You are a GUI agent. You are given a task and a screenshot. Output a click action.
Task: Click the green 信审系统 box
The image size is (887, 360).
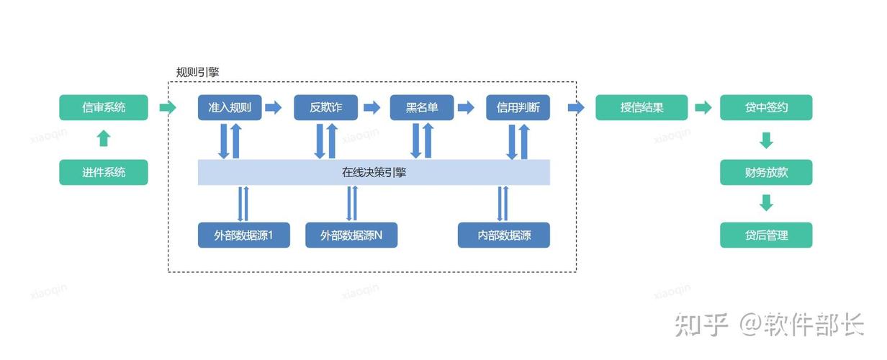(x=104, y=107)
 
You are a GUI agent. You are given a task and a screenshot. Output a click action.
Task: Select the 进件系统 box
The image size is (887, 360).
(x=104, y=172)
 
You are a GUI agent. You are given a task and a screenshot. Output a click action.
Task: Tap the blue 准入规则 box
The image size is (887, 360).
(x=230, y=107)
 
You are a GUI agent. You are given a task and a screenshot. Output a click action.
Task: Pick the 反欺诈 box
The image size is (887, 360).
(x=326, y=107)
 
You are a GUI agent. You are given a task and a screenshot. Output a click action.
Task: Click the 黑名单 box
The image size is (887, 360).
(x=422, y=107)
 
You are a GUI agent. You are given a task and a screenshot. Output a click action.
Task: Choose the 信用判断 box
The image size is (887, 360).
(x=518, y=107)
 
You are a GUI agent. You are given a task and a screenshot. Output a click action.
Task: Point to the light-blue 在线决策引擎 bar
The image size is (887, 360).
(x=374, y=172)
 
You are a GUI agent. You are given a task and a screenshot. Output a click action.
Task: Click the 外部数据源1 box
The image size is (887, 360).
(x=244, y=235)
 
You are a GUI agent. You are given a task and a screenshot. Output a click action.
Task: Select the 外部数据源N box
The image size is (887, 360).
(x=351, y=235)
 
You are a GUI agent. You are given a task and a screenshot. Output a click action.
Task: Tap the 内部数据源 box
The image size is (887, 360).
(x=504, y=235)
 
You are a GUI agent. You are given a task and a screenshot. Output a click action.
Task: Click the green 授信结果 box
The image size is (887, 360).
(x=641, y=107)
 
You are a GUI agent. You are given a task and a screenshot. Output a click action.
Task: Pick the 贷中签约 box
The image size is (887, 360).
(x=766, y=107)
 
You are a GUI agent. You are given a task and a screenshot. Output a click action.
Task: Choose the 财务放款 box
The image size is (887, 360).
(x=766, y=172)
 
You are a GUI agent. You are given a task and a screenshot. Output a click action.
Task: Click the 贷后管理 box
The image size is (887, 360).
(x=766, y=235)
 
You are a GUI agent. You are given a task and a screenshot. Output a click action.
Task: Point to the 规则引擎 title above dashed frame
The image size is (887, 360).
(x=197, y=72)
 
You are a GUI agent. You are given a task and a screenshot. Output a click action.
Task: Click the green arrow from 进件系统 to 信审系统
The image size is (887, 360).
(x=104, y=138)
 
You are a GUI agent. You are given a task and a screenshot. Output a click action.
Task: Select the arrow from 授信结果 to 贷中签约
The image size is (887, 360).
(x=703, y=107)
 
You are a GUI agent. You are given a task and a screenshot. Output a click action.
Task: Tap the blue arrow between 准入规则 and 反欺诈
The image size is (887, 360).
(x=274, y=107)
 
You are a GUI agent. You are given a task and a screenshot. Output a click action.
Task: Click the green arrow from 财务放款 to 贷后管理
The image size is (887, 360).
(x=766, y=203)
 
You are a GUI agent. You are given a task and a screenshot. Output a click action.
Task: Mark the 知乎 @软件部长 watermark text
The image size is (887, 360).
(x=770, y=325)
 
